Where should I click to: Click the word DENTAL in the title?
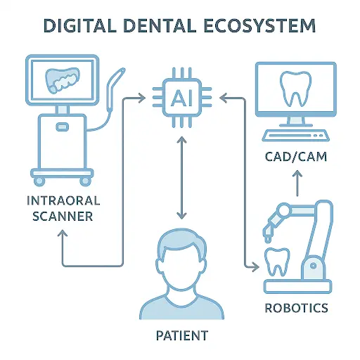click(x=160, y=25)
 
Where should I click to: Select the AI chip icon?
click(x=182, y=98)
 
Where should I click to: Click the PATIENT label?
click(x=182, y=335)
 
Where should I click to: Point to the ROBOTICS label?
click(x=296, y=308)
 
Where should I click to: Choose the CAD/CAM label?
click(x=296, y=157)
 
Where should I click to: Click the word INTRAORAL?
click(x=63, y=200)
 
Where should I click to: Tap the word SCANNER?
click(x=63, y=216)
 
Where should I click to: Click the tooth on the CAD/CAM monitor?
click(x=295, y=89)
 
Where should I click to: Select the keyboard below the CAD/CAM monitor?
click(x=295, y=136)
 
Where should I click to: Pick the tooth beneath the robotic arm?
click(x=277, y=262)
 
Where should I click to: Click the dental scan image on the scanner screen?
click(x=62, y=80)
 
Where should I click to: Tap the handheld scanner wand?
click(x=115, y=89)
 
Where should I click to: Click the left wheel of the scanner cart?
click(x=39, y=181)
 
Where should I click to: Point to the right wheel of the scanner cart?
click(x=85, y=181)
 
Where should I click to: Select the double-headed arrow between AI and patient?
click(x=182, y=178)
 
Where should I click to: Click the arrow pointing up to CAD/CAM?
click(x=297, y=183)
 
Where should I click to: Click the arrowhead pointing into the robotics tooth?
click(x=255, y=266)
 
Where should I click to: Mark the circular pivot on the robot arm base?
click(x=313, y=266)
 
